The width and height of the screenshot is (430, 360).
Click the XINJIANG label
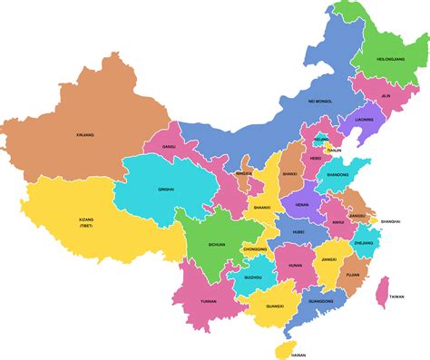coord(85,135)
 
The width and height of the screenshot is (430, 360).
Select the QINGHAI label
coord(166,190)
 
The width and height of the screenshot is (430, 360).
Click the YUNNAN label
coord(209,300)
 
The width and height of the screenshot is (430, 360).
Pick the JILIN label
coord(386,95)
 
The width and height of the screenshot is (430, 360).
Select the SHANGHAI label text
coord(391,221)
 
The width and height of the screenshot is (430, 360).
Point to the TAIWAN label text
coord(397,297)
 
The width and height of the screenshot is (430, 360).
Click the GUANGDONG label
coord(320,300)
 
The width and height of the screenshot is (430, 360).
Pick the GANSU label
coord(168,146)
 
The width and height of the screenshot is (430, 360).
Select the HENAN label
coord(303,205)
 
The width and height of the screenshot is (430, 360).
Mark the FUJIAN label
coord(353,273)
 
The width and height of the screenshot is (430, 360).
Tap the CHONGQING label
coord(255,248)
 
